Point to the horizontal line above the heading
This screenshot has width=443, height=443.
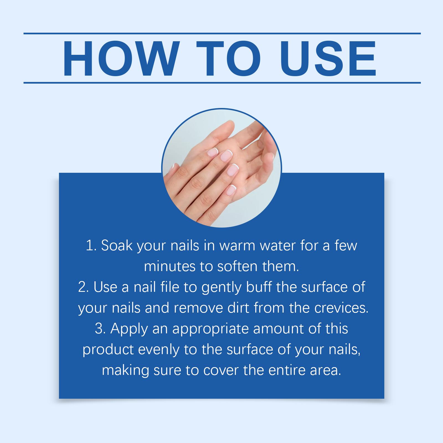coord(222,34)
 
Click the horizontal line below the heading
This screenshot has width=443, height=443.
coord(222,83)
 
